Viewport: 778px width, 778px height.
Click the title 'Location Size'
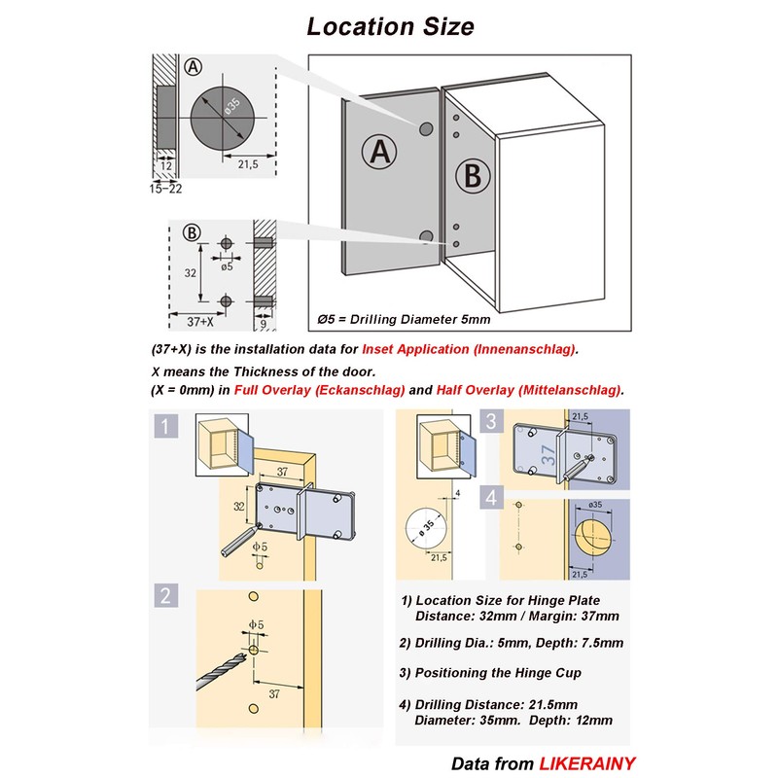tap(391, 26)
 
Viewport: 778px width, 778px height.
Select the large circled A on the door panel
tap(380, 152)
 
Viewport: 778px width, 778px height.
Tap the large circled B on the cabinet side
tap(472, 177)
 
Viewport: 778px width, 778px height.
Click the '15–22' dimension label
tap(165, 188)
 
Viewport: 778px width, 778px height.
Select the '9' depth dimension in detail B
tap(264, 322)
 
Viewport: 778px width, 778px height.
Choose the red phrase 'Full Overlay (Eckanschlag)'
tap(319, 390)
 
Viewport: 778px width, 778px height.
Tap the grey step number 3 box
tap(492, 421)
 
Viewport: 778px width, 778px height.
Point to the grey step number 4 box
tap(492, 498)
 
